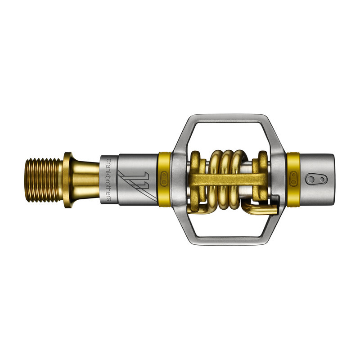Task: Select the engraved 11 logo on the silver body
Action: [135, 184]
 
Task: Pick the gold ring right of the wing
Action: [293, 178]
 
